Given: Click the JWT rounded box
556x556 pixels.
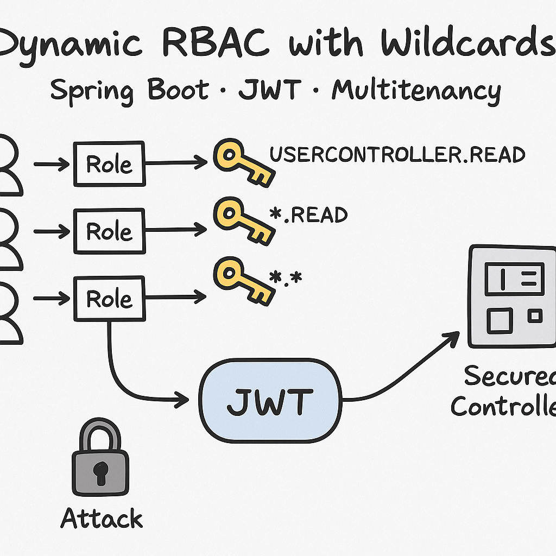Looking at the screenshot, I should pyautogui.click(x=270, y=400).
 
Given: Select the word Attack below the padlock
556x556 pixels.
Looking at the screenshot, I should pyautogui.click(x=102, y=518).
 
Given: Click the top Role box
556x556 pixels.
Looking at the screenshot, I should pyautogui.click(x=109, y=163).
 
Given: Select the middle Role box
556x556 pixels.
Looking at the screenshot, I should pyautogui.click(x=109, y=231).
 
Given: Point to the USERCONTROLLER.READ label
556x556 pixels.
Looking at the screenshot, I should pyautogui.click(x=397, y=155).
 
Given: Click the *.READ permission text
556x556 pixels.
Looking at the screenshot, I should pyautogui.click(x=308, y=215).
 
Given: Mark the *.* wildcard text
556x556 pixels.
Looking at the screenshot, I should pyautogui.click(x=286, y=278).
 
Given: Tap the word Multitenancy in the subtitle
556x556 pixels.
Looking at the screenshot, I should pyautogui.click(x=416, y=90).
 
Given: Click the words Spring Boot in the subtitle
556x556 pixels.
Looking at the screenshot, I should pyautogui.click(x=129, y=90).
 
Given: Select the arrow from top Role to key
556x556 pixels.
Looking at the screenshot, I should pyautogui.click(x=176, y=162).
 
